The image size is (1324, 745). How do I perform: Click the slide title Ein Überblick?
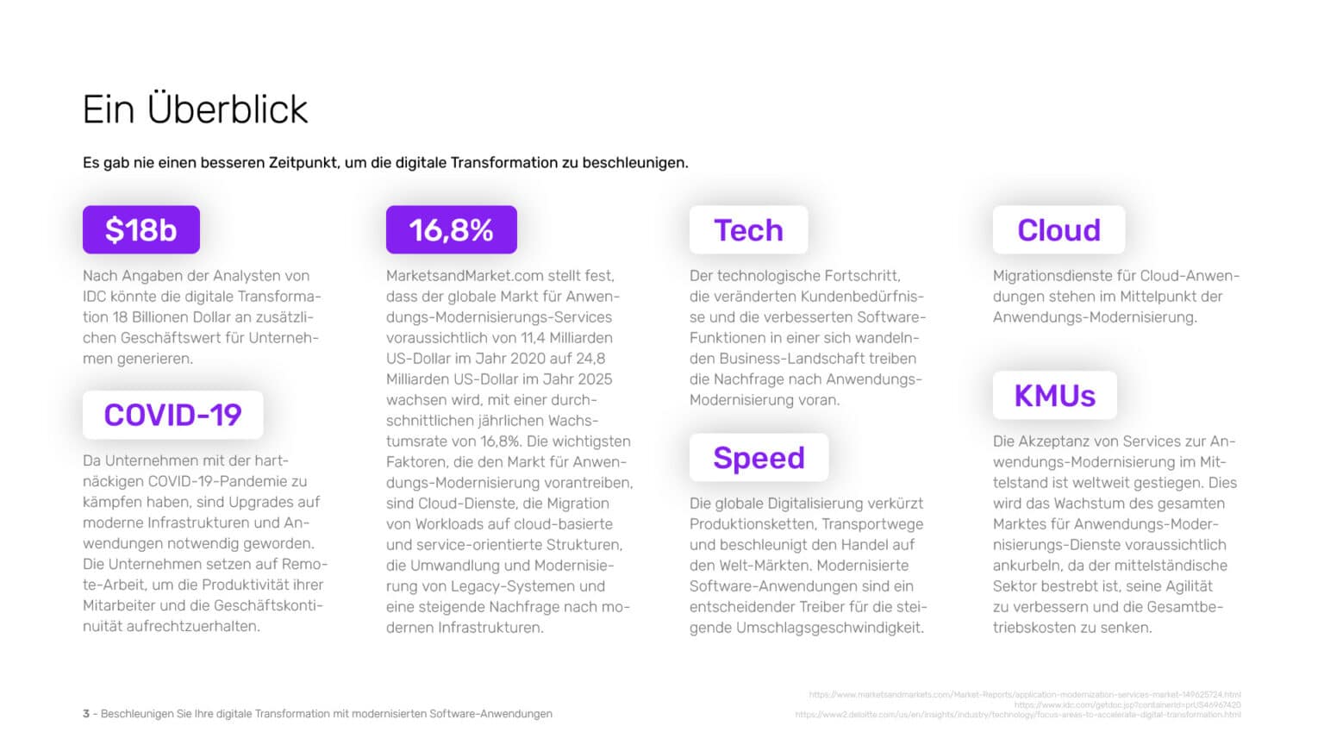[x=195, y=110]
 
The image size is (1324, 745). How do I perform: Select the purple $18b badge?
[x=141, y=230]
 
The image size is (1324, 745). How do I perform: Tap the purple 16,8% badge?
[x=451, y=230]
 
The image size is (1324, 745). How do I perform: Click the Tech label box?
[x=748, y=230]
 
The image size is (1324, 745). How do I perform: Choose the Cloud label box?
[x=1059, y=230]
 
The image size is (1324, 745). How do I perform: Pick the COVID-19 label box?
[x=172, y=415]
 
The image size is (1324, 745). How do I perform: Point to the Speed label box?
[x=759, y=458]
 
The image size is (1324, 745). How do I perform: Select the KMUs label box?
[x=1054, y=396]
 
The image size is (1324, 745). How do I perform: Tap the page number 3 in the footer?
[x=86, y=714]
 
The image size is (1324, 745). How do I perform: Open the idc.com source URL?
[x=1127, y=704]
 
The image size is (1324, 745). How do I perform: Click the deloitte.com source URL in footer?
[x=1017, y=715]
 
